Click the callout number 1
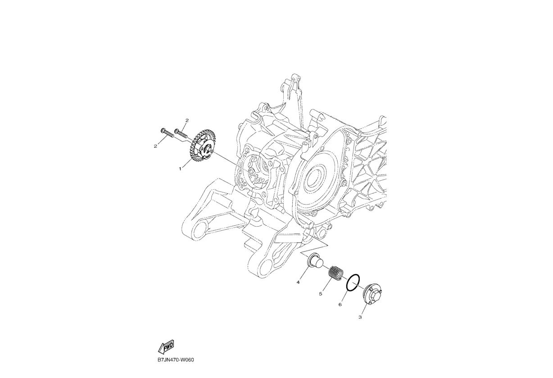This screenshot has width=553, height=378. pos(180,169)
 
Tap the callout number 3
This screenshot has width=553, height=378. pos(360,317)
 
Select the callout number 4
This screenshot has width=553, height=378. pos(298,282)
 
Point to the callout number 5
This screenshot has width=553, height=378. pos(321,294)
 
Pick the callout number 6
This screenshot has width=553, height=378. pos(340,305)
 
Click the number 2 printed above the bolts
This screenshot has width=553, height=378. pos(187,120)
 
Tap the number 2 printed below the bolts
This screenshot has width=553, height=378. pos(155,146)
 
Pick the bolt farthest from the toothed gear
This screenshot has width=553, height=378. pos(167,132)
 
